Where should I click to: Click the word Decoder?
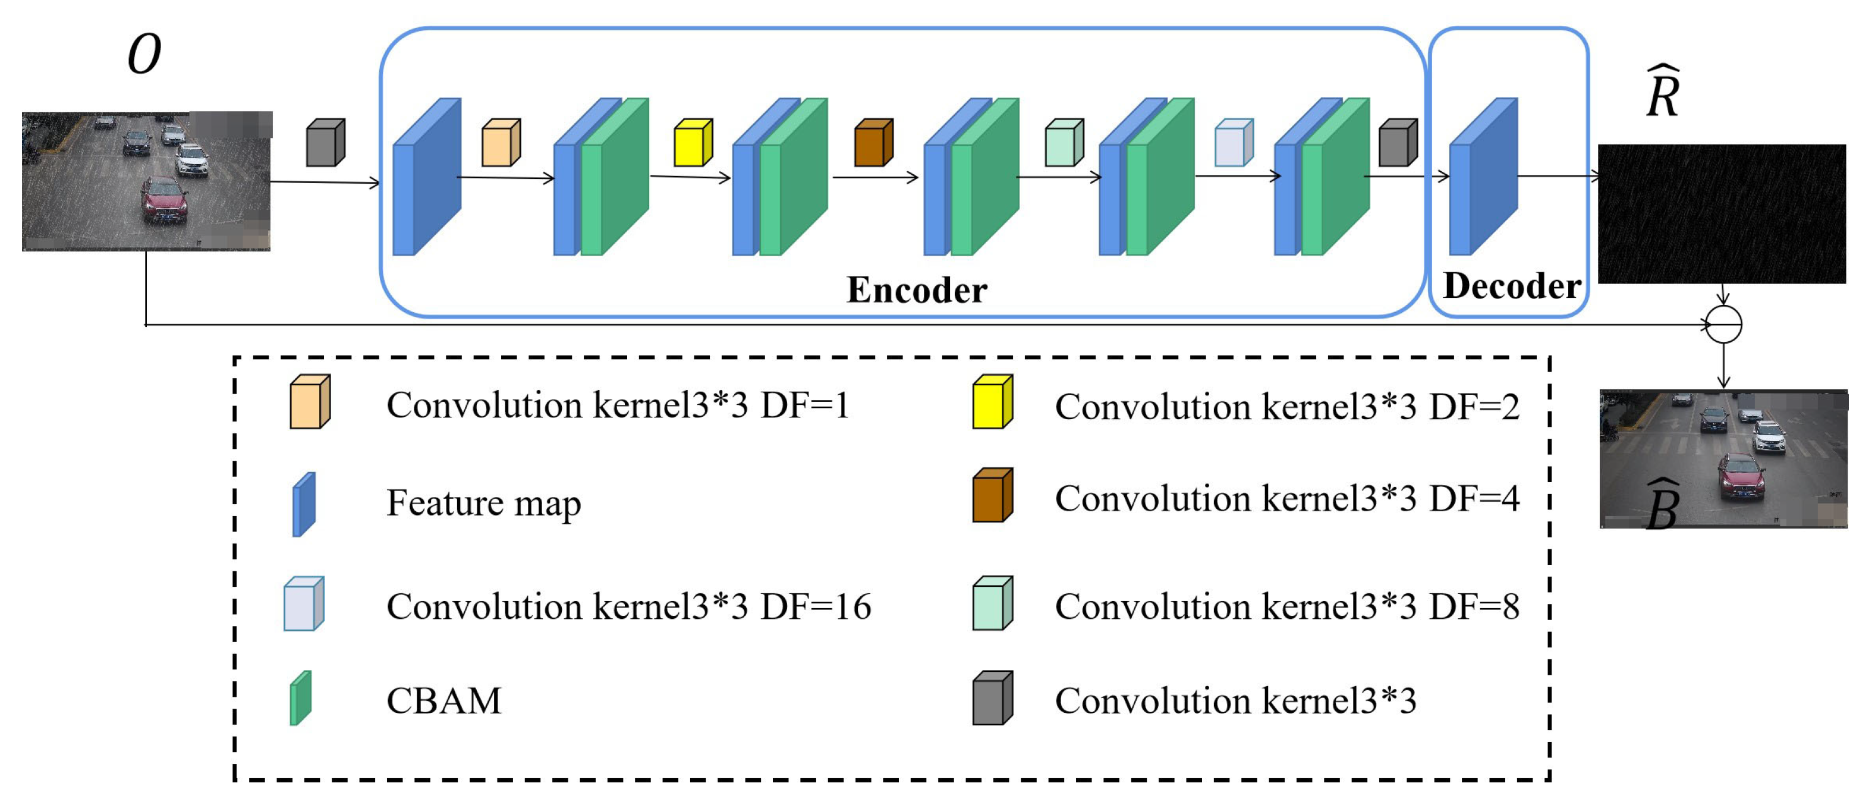(x=1512, y=285)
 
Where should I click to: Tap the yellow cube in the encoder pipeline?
(x=693, y=143)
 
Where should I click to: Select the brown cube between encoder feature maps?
(x=873, y=143)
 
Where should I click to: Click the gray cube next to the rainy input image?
(x=325, y=143)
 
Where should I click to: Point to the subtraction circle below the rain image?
(x=1723, y=325)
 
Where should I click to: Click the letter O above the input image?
(x=143, y=55)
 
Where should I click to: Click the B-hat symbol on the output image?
(x=1663, y=504)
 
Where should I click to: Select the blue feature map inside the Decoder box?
(x=1483, y=177)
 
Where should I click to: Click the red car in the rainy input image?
(x=165, y=199)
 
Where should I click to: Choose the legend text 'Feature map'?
(x=483, y=503)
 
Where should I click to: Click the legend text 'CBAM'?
(x=444, y=701)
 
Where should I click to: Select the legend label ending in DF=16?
(x=629, y=606)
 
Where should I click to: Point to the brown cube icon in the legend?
(x=993, y=495)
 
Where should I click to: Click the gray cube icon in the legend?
(x=993, y=698)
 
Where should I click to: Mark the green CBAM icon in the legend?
(x=301, y=698)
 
